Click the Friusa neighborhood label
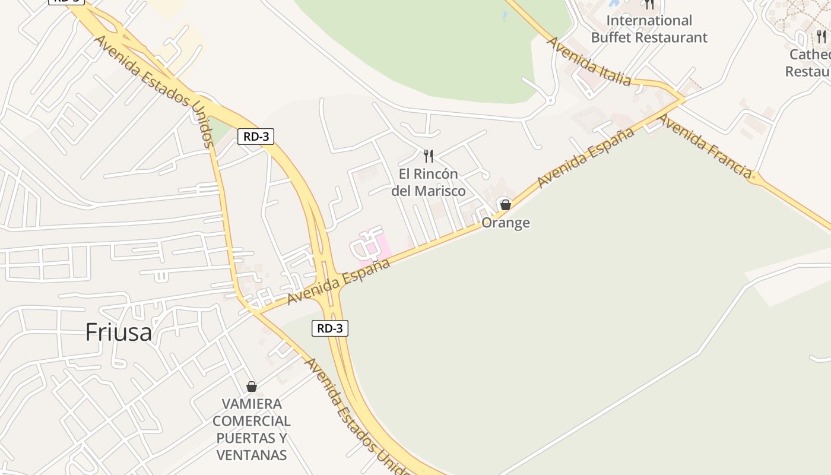[119, 332]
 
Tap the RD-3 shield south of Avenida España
[330, 328]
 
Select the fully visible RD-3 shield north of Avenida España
[256, 137]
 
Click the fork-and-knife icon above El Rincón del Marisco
[429, 156]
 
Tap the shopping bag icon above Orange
[505, 205]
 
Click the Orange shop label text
[505, 223]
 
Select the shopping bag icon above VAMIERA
[252, 387]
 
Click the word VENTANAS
[252, 455]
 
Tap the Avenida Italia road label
[588, 61]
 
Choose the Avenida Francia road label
[705, 146]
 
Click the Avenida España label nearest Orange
[585, 158]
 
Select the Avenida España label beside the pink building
[339, 281]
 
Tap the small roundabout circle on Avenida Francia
[754, 176]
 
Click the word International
[649, 21]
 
